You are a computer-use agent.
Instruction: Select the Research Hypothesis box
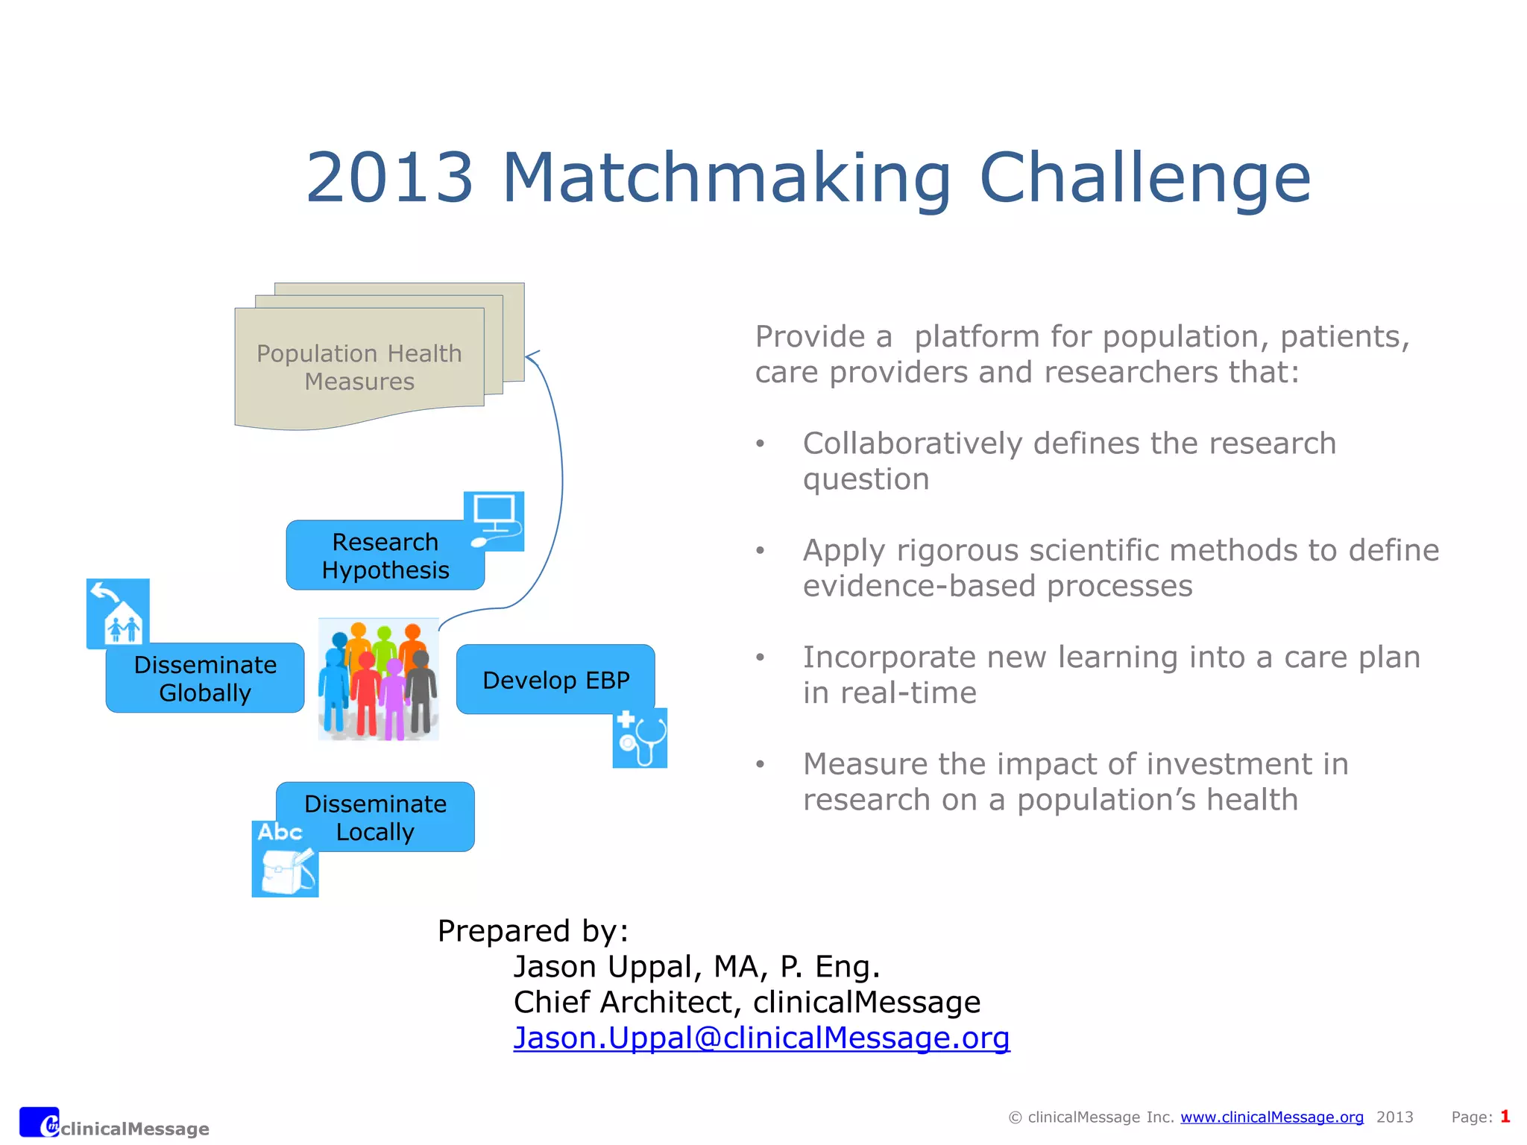point(385,555)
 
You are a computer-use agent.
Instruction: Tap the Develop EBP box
point(555,680)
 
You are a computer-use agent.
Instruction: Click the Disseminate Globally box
point(205,678)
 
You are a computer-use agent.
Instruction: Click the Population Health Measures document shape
point(359,368)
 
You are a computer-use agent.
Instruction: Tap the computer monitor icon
point(494,520)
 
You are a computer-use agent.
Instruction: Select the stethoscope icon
point(640,738)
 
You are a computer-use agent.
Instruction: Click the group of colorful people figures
point(379,679)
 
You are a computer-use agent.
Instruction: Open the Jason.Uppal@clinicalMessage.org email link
point(761,1038)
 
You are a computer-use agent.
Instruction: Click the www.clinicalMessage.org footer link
point(1272,1117)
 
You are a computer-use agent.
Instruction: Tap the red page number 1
point(1505,1116)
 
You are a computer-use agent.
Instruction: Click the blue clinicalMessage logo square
point(39,1122)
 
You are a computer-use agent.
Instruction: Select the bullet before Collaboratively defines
point(760,444)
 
